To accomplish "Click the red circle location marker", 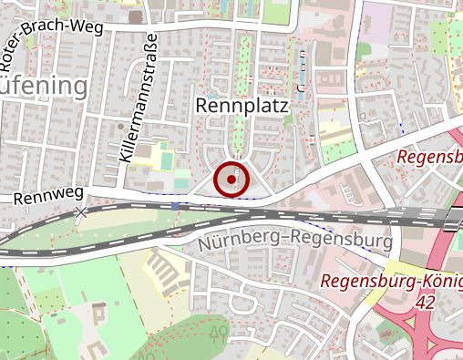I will (x=231, y=180).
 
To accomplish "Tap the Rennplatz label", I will (x=242, y=108).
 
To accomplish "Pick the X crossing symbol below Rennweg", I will (x=82, y=212).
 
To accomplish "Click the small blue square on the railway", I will (x=174, y=207).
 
